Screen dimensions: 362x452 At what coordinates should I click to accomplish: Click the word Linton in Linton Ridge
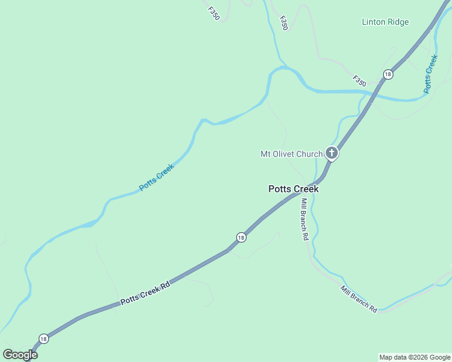[375, 22]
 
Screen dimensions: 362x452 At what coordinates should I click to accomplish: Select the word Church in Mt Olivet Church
[309, 154]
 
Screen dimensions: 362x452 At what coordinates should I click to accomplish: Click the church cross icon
[332, 153]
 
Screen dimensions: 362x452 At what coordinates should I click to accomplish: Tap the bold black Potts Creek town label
[293, 189]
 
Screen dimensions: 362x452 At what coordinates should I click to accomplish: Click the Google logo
[20, 355]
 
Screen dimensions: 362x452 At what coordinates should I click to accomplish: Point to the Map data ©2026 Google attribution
[415, 357]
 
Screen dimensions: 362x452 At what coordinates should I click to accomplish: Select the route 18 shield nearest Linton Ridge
[387, 74]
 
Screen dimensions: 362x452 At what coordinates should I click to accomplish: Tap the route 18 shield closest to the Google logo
[43, 338]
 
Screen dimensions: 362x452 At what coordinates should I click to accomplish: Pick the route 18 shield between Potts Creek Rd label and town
[241, 237]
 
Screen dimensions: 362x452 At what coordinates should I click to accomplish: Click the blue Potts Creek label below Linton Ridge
[430, 74]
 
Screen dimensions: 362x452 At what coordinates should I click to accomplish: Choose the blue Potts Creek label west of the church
[157, 177]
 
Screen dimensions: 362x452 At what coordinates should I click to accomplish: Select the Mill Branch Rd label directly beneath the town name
[305, 220]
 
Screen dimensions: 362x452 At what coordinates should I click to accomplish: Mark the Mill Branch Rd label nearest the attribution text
[359, 299]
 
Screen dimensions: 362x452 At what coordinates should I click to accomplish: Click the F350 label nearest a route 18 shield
[360, 80]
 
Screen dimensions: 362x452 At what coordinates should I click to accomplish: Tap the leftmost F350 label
[213, 13]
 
